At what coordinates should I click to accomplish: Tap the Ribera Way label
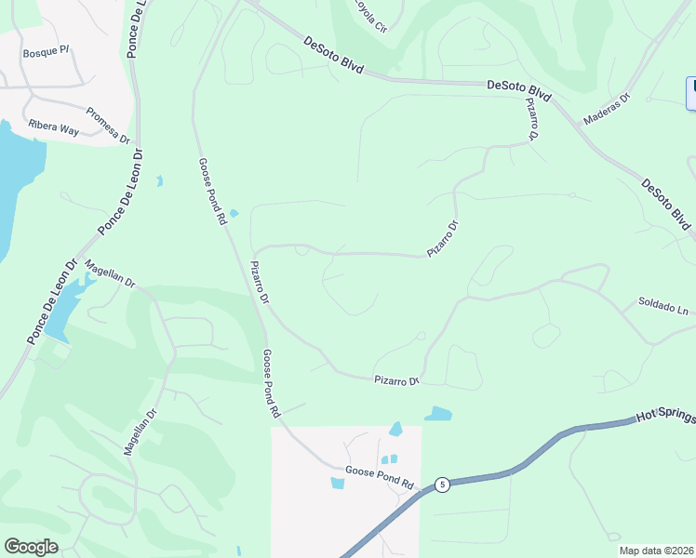[53, 128]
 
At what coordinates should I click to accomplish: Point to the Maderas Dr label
[607, 108]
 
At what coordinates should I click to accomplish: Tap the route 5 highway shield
[442, 485]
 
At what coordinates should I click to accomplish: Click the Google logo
[31, 547]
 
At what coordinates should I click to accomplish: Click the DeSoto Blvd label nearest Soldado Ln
[666, 205]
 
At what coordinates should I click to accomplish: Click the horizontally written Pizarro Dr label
[397, 380]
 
